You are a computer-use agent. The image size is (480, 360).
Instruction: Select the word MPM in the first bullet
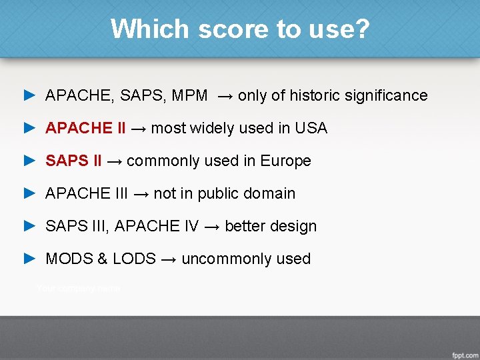[189, 95]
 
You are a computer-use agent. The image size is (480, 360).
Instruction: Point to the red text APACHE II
[85, 128]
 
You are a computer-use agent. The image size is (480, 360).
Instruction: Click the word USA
[311, 128]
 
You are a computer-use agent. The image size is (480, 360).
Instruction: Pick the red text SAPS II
[73, 161]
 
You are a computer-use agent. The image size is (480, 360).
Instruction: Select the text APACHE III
[87, 193]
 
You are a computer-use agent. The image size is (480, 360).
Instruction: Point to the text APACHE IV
[157, 226]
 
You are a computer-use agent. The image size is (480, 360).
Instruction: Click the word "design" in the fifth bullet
[293, 226]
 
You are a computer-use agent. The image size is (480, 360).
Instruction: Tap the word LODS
[134, 259]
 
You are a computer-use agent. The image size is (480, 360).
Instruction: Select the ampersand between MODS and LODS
[102, 259]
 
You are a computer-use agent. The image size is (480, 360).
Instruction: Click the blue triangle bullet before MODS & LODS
[29, 259]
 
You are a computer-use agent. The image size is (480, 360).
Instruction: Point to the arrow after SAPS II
[114, 161]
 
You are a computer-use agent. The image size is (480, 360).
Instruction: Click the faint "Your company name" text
[78, 288]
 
